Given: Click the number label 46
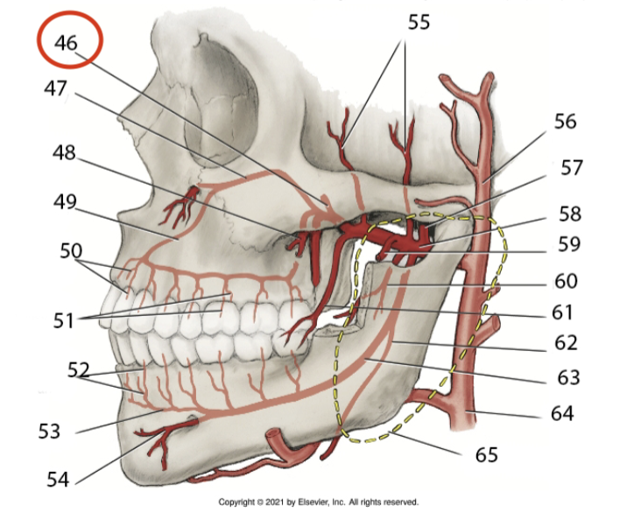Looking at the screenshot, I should tap(67, 43).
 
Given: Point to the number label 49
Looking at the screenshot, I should tap(65, 202).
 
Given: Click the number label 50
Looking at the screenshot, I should tap(71, 250).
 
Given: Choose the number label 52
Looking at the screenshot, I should tap(79, 369).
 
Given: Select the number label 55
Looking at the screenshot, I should tap(419, 22).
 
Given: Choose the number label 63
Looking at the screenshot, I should tap(569, 377).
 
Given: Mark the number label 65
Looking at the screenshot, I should tap(487, 454).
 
